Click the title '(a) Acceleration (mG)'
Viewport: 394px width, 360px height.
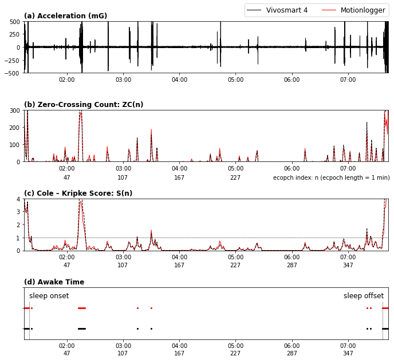[x=65, y=16]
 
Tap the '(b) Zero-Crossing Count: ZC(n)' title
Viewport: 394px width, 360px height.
[x=84, y=105]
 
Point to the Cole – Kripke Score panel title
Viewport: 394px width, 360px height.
[x=78, y=193]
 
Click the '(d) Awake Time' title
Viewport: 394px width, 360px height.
[x=54, y=282]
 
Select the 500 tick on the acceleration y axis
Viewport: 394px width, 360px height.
[x=14, y=22]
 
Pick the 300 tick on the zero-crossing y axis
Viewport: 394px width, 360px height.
[x=14, y=110]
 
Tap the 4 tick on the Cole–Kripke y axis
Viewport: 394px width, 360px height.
[x=18, y=199]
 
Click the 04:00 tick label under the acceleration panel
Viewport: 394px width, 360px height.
[x=179, y=80]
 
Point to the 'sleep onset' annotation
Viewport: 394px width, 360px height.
[x=49, y=296]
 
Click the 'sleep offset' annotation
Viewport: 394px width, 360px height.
[x=364, y=296]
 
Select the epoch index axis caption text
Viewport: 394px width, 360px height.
[x=331, y=177]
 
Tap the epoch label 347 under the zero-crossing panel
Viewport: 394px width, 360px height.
[x=348, y=177]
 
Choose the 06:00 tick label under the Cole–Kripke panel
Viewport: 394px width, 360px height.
[x=292, y=258]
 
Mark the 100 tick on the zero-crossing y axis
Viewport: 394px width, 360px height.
[x=14, y=145]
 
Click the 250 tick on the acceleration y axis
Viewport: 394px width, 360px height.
[x=14, y=34]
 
